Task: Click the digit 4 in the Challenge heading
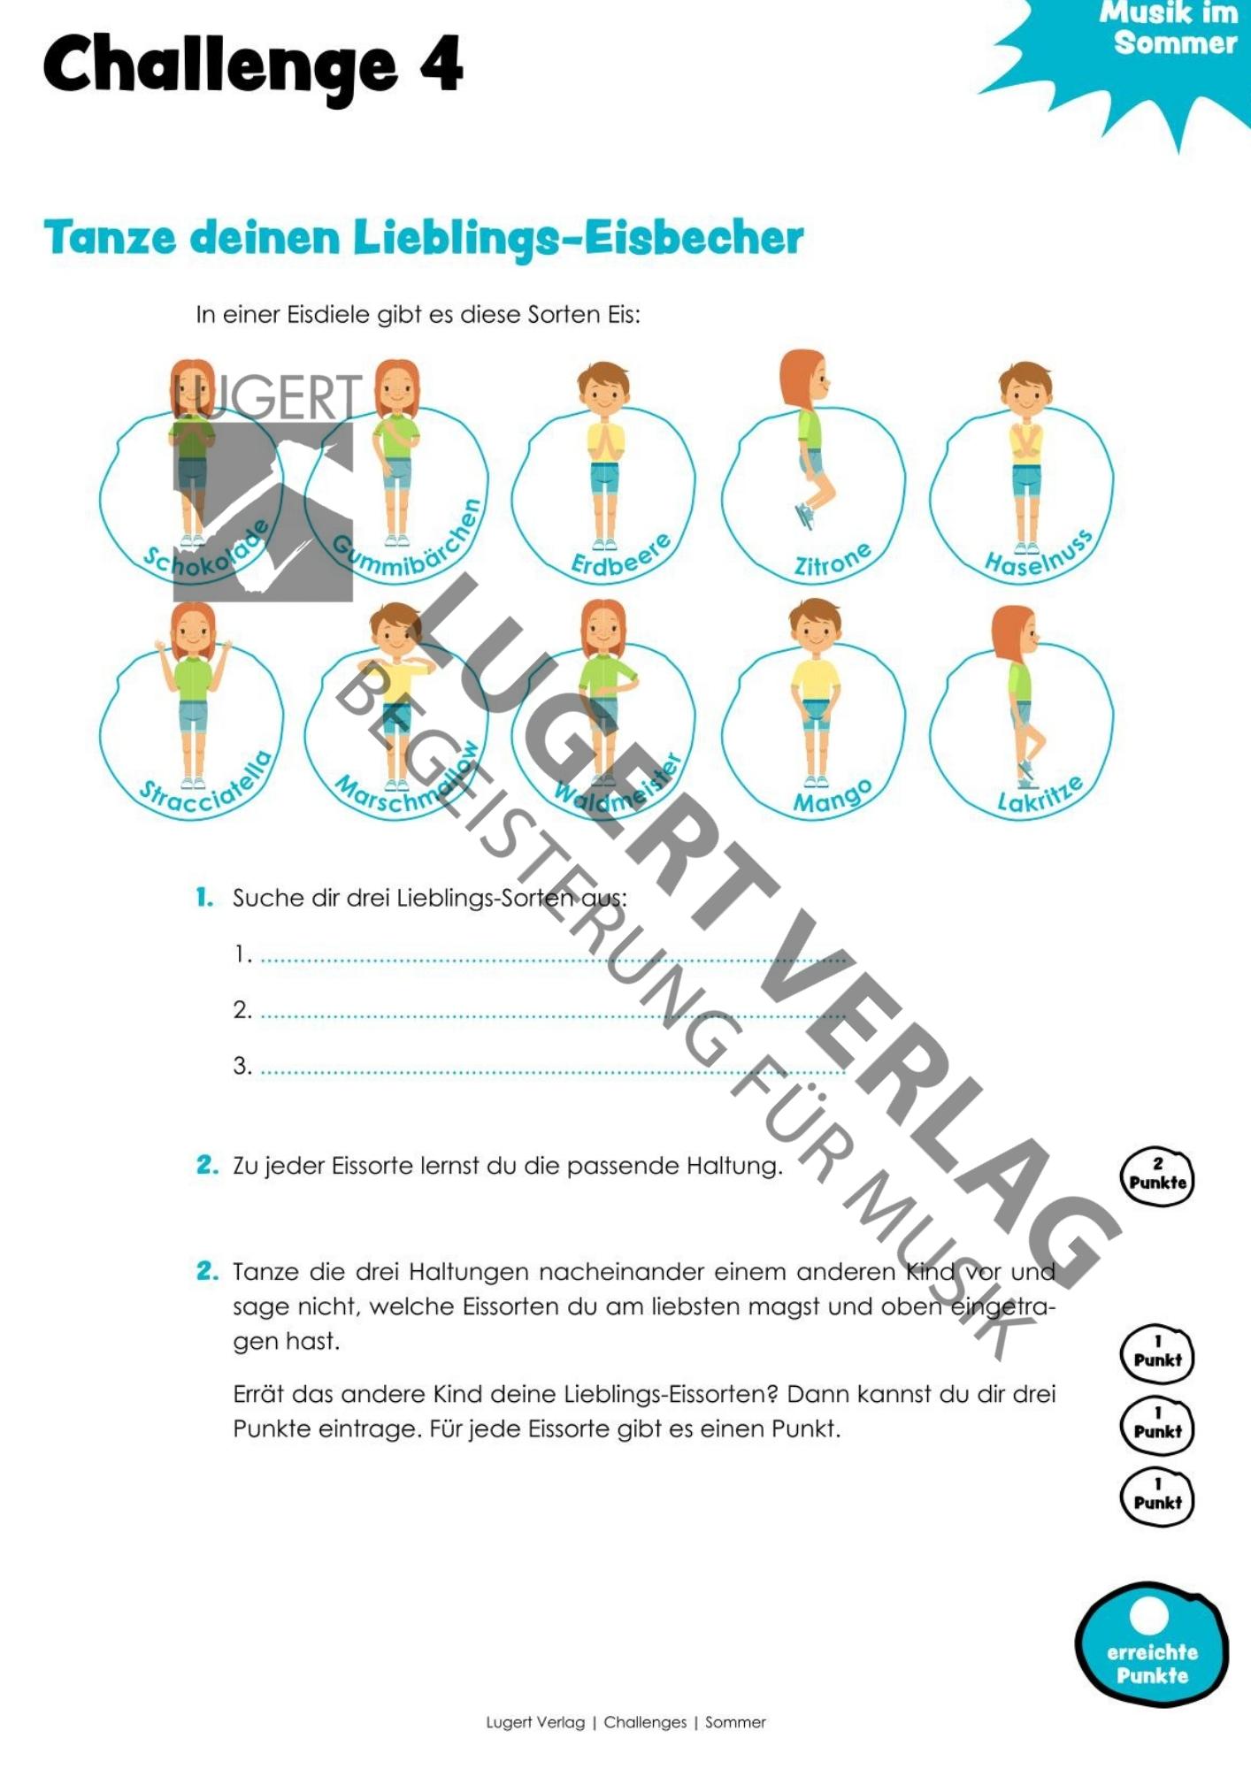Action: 441,64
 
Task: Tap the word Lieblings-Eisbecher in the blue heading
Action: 579,238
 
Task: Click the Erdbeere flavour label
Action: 621,555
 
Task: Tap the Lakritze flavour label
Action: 1040,794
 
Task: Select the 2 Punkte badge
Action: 1157,1176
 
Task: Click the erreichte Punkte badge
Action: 1151,1646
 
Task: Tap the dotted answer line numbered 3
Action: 553,1072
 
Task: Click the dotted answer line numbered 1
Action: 553,960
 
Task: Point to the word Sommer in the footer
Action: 735,1722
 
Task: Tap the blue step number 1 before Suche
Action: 204,898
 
